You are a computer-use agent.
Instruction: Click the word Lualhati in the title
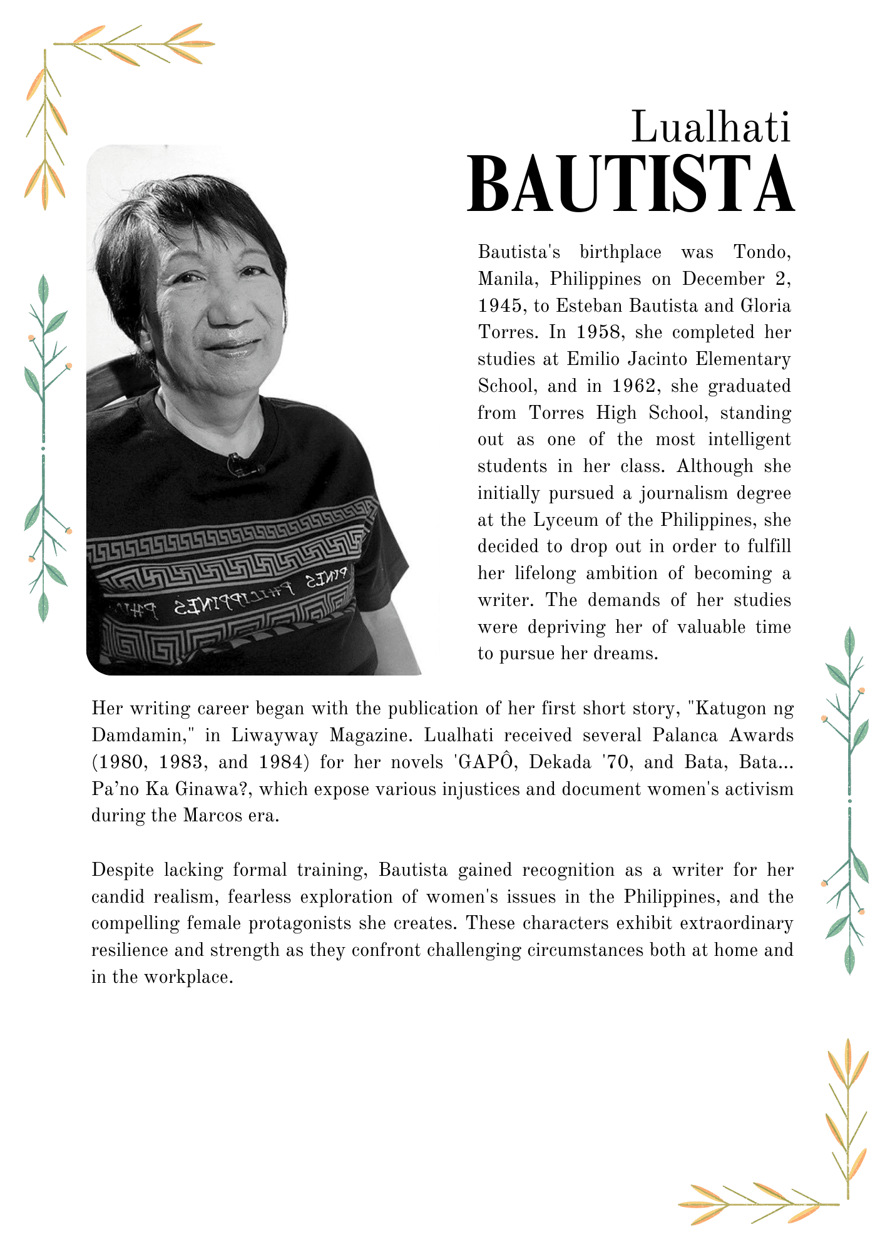point(711,127)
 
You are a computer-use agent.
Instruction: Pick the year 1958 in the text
point(600,332)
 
